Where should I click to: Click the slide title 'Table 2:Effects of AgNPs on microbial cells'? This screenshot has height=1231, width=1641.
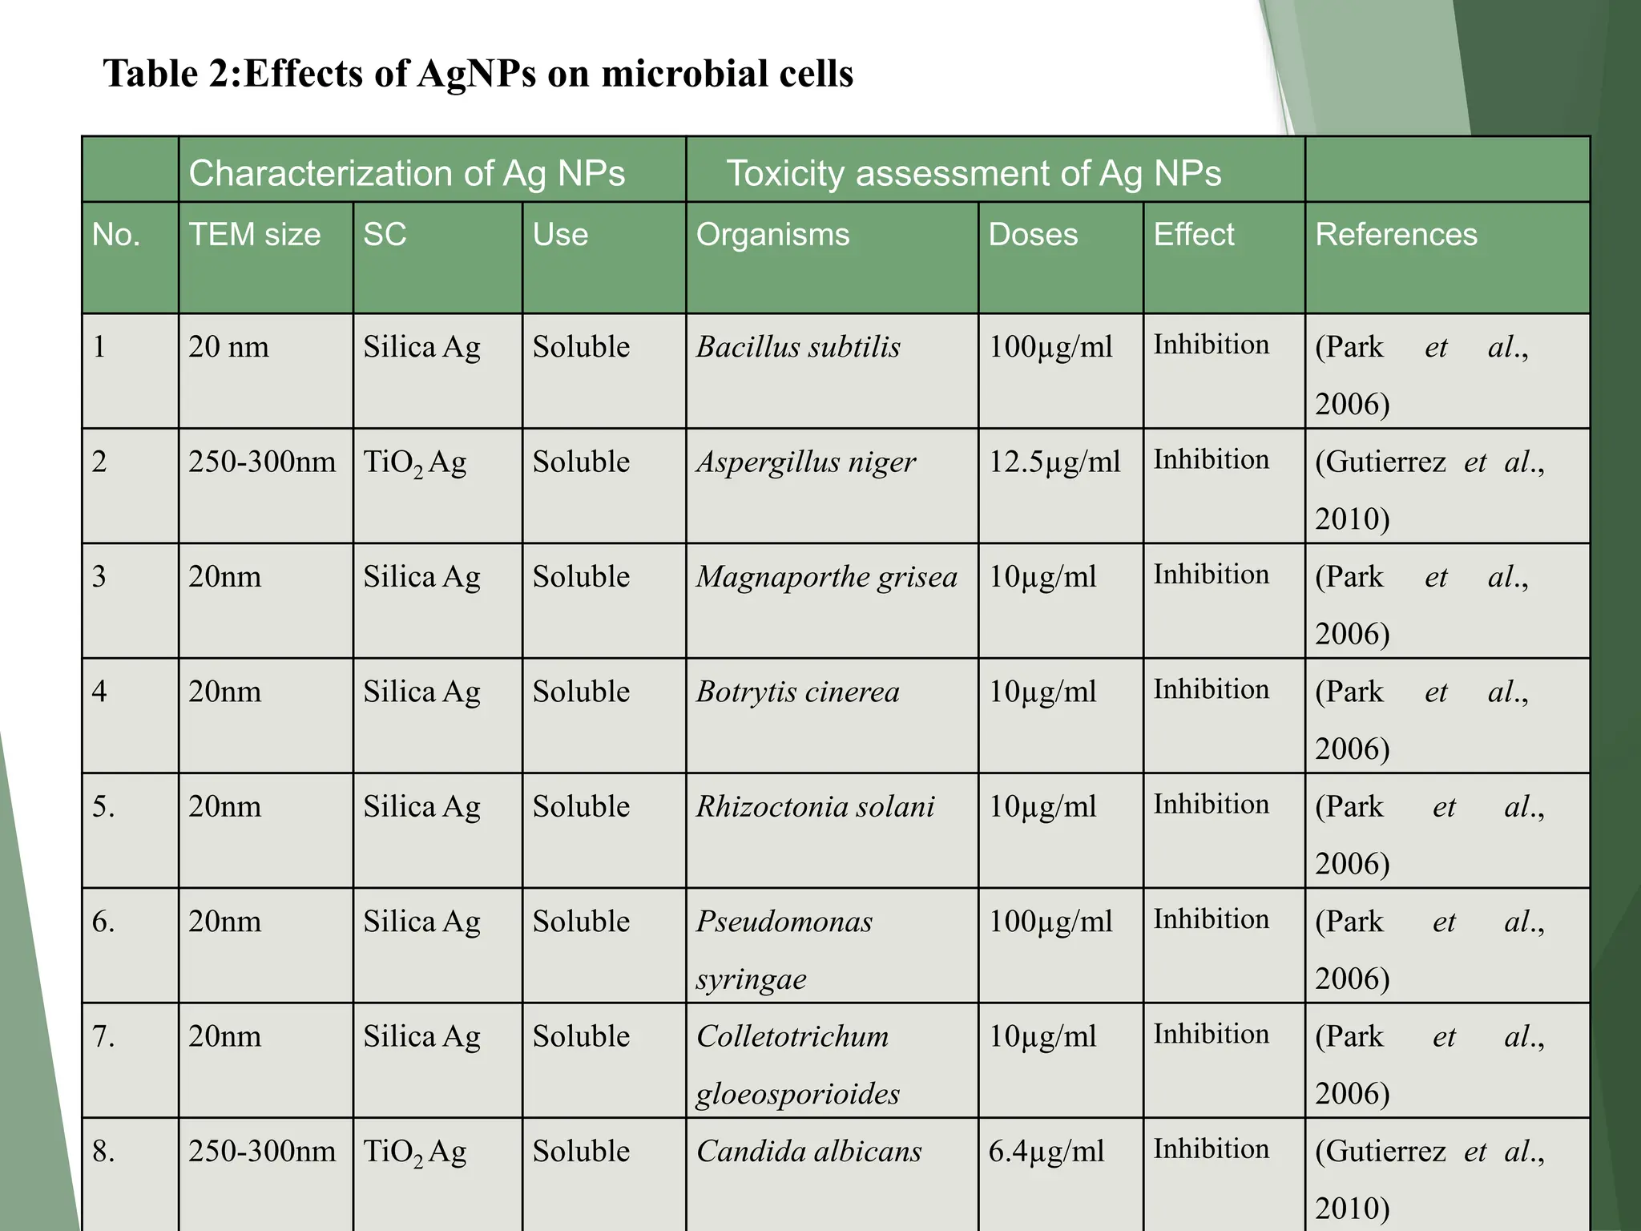click(x=478, y=74)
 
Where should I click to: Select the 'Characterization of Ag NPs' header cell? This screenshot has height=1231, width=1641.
click(x=406, y=173)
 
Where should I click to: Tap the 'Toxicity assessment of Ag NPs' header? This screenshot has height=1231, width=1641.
click(x=973, y=173)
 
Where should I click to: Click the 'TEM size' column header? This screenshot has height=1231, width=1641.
click(x=254, y=235)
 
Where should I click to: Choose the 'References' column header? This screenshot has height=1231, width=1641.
click(x=1396, y=235)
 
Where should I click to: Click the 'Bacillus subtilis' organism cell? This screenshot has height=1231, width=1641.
click(x=798, y=347)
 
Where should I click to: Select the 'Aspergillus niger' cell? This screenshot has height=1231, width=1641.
click(x=805, y=462)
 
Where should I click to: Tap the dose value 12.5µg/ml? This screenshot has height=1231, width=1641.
click(x=1054, y=462)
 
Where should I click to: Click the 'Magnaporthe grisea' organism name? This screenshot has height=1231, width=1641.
click(x=826, y=577)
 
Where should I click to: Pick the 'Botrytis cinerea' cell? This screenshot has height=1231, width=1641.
click(x=797, y=692)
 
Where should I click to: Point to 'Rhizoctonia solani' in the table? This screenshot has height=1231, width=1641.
click(x=815, y=807)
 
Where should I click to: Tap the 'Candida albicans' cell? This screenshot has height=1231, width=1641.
click(x=808, y=1152)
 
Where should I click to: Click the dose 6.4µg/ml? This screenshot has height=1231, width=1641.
click(x=1046, y=1152)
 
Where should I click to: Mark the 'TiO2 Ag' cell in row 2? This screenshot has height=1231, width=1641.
click(x=414, y=463)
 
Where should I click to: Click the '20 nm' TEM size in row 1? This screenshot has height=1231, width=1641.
click(x=228, y=347)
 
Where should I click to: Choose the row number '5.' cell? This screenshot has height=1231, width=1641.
click(x=103, y=807)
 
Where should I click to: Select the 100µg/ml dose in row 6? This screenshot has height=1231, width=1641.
click(x=1050, y=922)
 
